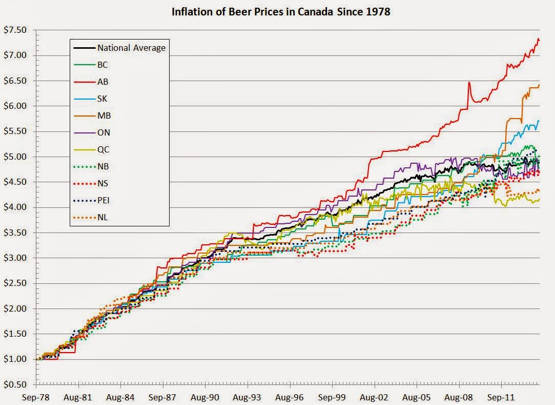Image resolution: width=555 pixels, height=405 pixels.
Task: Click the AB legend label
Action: (x=102, y=82)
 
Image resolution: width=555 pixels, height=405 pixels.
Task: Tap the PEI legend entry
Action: (x=105, y=200)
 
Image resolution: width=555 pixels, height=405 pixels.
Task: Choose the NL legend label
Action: (x=102, y=217)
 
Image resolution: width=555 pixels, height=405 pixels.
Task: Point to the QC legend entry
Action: (x=103, y=149)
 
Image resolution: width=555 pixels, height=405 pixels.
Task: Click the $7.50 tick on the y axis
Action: (x=15, y=30)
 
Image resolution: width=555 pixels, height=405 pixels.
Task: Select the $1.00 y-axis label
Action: (x=15, y=359)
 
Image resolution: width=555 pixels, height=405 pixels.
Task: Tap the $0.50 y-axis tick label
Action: (x=15, y=384)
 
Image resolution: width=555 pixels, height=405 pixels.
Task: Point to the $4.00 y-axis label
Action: (x=15, y=207)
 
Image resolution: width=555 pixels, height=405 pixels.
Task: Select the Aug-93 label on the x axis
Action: (x=248, y=397)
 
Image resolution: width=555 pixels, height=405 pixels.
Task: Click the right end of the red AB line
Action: (x=539, y=41)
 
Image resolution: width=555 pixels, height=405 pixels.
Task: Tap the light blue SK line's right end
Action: (x=539, y=121)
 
